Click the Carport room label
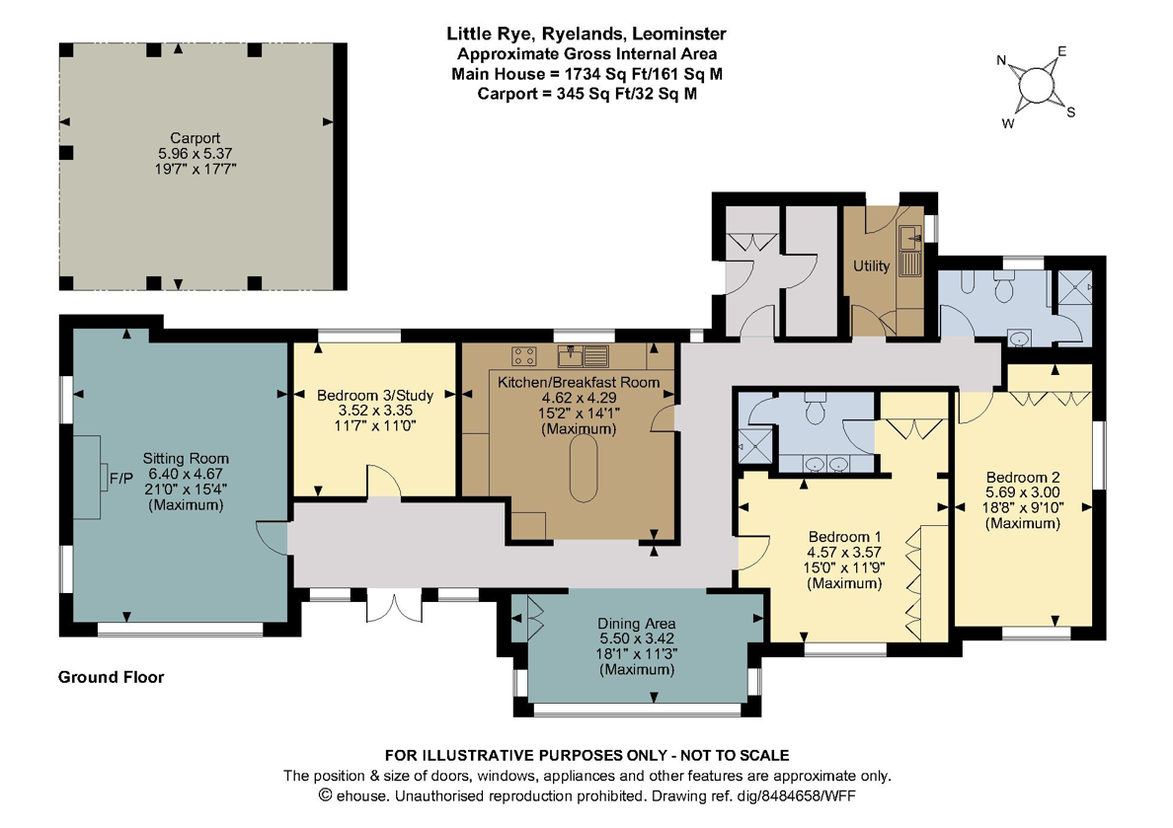(x=195, y=137)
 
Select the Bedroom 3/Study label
(x=375, y=395)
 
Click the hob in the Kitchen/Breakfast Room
(x=523, y=355)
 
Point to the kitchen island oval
(x=584, y=468)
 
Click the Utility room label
(x=872, y=265)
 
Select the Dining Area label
(x=637, y=623)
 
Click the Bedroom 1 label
(x=844, y=536)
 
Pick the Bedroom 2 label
(x=1023, y=477)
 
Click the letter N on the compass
(x=1001, y=60)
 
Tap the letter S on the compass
(x=1071, y=113)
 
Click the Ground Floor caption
(x=111, y=677)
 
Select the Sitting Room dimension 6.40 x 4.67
(x=186, y=474)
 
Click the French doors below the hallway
(x=394, y=605)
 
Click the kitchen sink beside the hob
(x=585, y=355)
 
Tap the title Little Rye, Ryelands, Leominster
(x=586, y=34)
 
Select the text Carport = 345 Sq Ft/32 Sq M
(x=587, y=94)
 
